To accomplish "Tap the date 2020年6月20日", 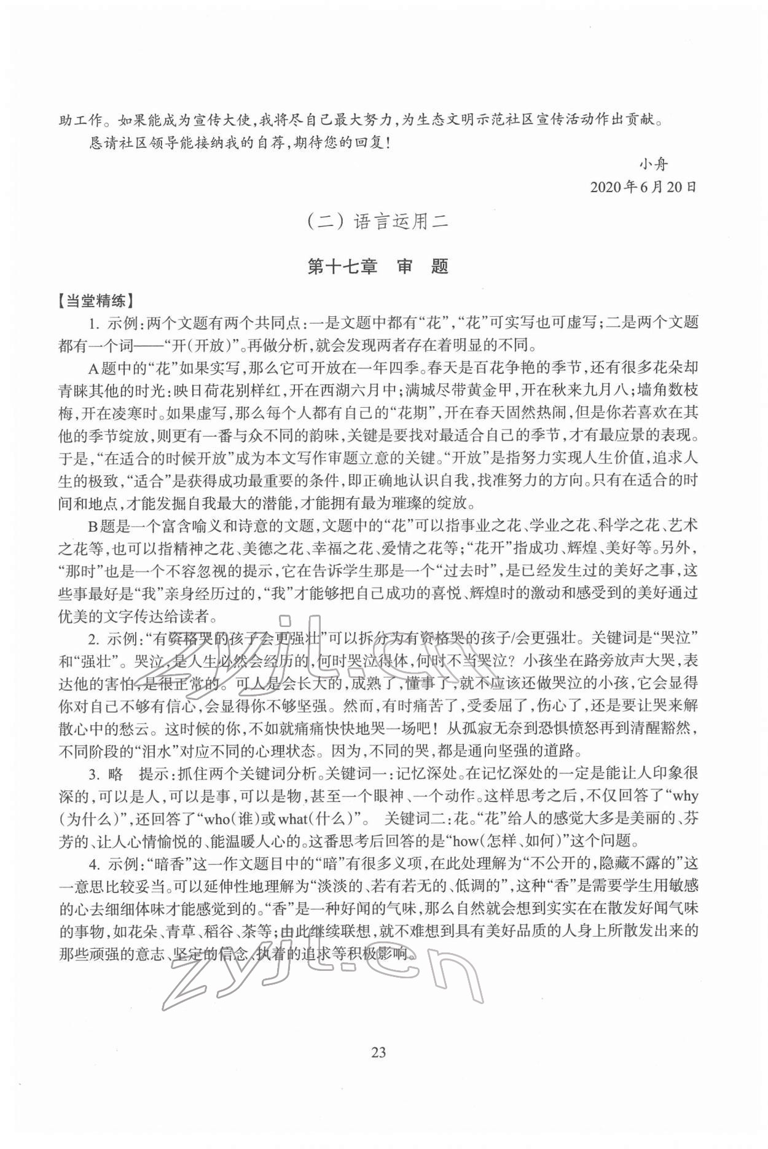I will pos(643,187).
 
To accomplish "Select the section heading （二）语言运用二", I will pos(378,222).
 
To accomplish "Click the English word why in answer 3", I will pos(685,796).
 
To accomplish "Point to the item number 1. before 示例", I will pos(95,323).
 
